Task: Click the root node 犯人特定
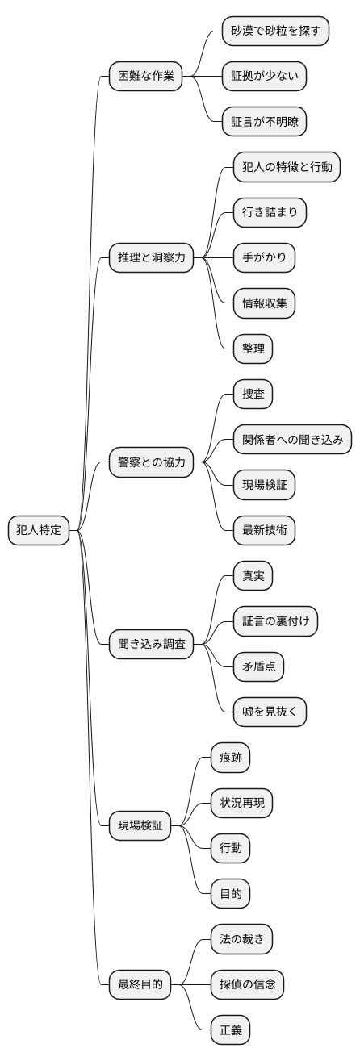coord(40,530)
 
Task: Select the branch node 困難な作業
coord(145,77)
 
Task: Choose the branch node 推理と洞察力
coord(156,258)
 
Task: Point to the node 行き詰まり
coord(270,213)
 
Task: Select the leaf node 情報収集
coord(264,304)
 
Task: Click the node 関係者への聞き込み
coord(292,440)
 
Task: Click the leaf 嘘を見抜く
coord(270,712)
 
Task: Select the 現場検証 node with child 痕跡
coord(140,825)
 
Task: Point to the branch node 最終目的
coord(140,984)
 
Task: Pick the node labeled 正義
coord(230,1030)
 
